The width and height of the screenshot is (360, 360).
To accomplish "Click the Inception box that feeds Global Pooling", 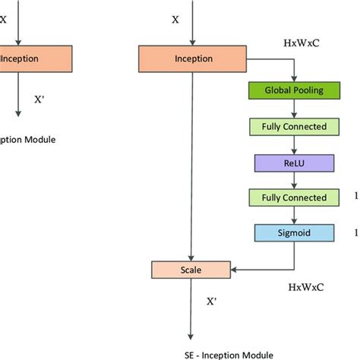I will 188,57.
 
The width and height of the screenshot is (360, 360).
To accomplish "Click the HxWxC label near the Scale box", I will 306,288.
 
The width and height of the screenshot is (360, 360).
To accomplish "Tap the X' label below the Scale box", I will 213,301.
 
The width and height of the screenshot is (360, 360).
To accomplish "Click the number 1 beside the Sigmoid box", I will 355,232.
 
